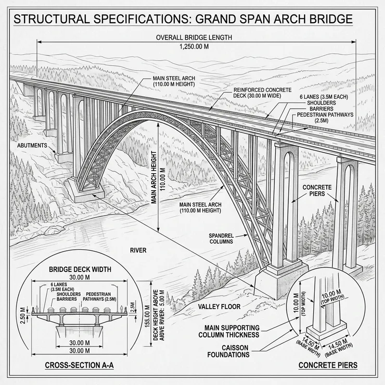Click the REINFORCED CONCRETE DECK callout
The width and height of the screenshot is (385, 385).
(x=259, y=93)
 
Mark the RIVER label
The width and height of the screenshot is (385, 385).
(x=138, y=250)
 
